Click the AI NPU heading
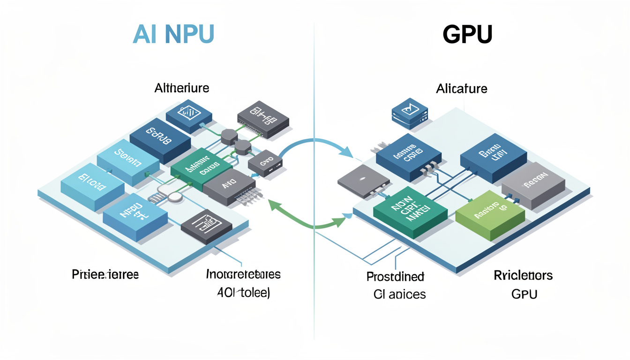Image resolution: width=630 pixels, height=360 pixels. coord(173,34)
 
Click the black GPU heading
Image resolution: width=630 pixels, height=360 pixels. coord(467,34)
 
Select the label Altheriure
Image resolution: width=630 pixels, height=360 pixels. coord(182,88)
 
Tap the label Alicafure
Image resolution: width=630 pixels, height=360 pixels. coord(461,88)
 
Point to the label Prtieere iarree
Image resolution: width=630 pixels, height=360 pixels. coord(105,274)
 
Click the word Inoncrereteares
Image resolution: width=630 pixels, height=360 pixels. coord(243,274)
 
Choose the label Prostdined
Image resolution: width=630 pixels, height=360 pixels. coord(395,276)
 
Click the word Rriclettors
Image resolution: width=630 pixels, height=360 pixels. coord(523,275)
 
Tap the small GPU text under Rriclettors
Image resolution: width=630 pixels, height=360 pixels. coord(524,294)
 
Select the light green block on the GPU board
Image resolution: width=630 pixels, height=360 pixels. coord(490,215)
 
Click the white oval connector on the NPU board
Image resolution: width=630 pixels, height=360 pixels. coord(175,197)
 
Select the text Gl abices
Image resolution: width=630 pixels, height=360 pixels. coord(399,294)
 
